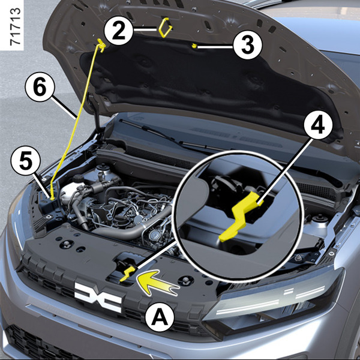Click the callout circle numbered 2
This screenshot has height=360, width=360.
point(118,31)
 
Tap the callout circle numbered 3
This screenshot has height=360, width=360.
point(247,45)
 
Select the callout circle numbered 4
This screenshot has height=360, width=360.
point(318,125)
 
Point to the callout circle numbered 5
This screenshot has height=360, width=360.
point(26,160)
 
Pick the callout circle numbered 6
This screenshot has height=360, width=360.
point(40,87)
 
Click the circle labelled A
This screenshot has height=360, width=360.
point(160,317)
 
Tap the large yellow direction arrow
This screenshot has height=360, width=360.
point(156,283)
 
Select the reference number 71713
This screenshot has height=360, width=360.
point(16,26)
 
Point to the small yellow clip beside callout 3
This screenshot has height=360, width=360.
point(194,46)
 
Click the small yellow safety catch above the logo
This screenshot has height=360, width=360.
point(128,274)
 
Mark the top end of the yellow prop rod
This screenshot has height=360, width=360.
point(101,44)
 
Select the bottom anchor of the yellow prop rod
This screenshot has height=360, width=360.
point(52,197)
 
